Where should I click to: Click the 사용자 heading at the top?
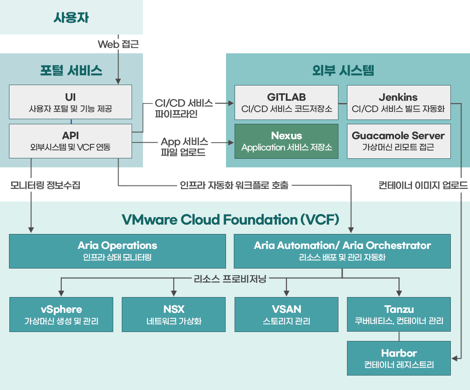point(71,18)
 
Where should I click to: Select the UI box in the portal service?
point(70,102)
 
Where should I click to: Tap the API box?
point(70,141)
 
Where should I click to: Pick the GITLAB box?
point(286,102)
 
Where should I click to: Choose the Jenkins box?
point(399,102)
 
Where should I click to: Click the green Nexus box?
point(286,141)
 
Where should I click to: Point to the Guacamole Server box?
point(399,141)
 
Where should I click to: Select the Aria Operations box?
point(117,251)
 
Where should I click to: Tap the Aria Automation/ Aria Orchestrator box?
point(342,251)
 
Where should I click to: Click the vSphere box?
point(61,314)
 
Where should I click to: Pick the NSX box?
point(174,314)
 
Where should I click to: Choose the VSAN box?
point(286,314)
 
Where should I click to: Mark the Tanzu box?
point(399,314)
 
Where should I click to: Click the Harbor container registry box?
point(399,358)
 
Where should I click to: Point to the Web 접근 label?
point(118,44)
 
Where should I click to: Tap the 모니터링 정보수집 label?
point(45,185)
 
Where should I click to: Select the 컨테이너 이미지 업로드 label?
point(423,185)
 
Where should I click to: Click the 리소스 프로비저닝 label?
point(230,279)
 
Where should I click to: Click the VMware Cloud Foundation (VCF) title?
point(230,219)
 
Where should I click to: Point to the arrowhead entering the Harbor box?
point(454,358)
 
